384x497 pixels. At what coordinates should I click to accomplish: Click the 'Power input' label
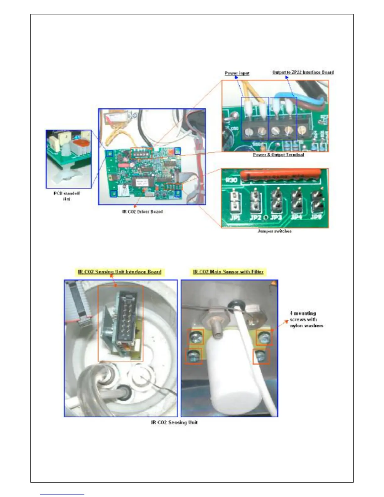point(237,73)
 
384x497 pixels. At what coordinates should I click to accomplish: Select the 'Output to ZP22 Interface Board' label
point(303,72)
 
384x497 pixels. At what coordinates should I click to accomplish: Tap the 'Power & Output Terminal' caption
point(278,155)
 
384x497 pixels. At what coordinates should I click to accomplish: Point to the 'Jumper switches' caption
point(275,231)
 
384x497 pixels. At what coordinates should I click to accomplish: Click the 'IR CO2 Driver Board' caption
point(142,211)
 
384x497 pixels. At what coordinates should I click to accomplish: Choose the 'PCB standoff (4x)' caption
point(67,196)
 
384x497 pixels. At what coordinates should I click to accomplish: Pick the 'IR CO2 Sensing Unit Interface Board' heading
point(120,272)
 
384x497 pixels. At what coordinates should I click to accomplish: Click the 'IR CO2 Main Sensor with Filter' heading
point(228,272)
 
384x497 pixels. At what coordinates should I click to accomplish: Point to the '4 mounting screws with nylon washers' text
point(306,319)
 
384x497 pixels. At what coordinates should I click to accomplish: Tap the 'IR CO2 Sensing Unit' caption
point(174,422)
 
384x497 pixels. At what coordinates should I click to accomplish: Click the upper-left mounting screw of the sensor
point(195,338)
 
